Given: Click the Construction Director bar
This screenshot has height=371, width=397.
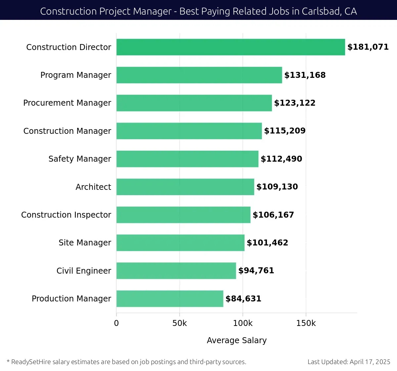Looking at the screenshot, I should pyautogui.click(x=231, y=47).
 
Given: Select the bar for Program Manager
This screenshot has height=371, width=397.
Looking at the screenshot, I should pyautogui.click(x=199, y=75).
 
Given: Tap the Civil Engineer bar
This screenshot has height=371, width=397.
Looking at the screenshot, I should pyautogui.click(x=176, y=271).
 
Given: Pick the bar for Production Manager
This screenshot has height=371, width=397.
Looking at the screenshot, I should pyautogui.click(x=170, y=299).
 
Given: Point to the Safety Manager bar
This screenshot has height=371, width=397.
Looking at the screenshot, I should pyautogui.click(x=187, y=159).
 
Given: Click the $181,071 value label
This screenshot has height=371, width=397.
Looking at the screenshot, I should pyautogui.click(x=368, y=47).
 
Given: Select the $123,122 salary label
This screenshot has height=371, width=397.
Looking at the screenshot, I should pyautogui.click(x=295, y=103).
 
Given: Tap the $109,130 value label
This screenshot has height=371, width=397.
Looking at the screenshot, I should pyautogui.click(x=277, y=187).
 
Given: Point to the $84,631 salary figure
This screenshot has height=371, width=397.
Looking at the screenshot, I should pyautogui.click(x=243, y=299).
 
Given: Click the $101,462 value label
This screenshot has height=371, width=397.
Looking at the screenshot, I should pyautogui.click(x=267, y=243).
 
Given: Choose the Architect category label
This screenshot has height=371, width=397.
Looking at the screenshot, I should pyautogui.click(x=93, y=187).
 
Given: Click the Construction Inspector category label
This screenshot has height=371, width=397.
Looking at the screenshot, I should pyautogui.click(x=66, y=215).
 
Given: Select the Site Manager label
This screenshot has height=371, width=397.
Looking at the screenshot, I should pyautogui.click(x=85, y=243).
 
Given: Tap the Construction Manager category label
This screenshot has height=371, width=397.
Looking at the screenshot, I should pyautogui.click(x=67, y=131).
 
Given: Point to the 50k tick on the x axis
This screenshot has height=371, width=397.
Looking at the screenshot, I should pyautogui.click(x=180, y=323).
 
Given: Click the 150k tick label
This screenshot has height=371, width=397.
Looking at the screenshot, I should pyautogui.click(x=306, y=323).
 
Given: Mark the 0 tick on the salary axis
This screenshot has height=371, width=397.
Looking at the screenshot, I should pyautogui.click(x=116, y=323).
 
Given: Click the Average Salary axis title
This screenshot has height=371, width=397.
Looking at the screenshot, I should pyautogui.click(x=237, y=341).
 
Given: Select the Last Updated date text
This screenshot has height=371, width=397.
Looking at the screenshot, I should pyautogui.click(x=349, y=362).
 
